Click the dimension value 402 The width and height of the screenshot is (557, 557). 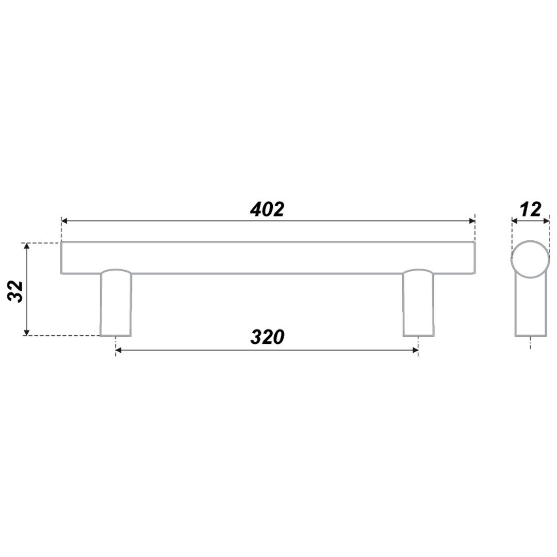[x=267, y=209]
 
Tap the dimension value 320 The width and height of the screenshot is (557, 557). [x=268, y=337]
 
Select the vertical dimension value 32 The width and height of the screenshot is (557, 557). [x=15, y=291]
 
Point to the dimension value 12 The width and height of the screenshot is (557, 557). [x=530, y=209]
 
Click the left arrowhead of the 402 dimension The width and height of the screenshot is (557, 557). [x=64, y=221]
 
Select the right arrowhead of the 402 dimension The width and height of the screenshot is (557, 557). [x=472, y=221]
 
